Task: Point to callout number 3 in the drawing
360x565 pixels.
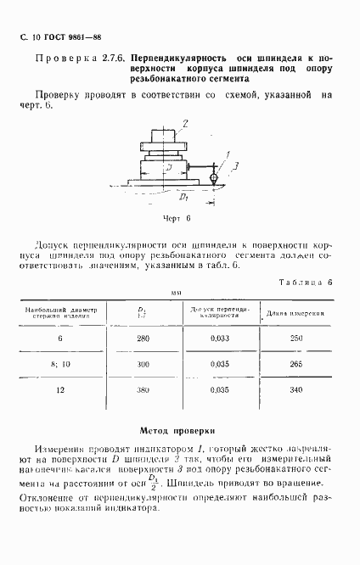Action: pyautogui.click(x=223, y=166)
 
